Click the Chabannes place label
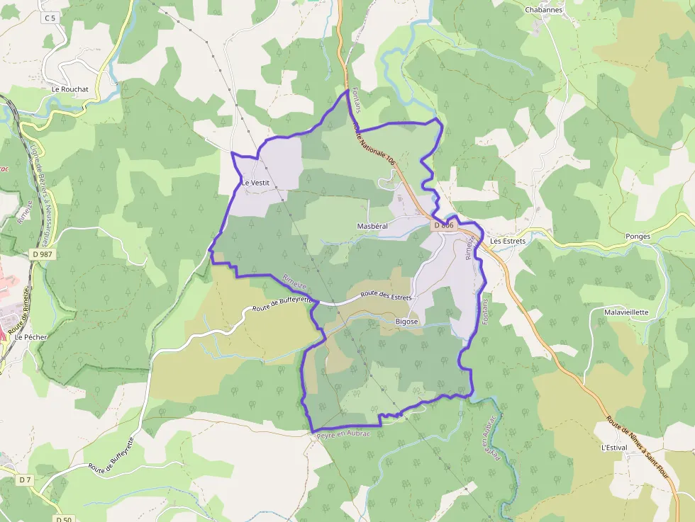coord(543,10)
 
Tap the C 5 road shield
coord(49,18)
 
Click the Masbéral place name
coord(372,225)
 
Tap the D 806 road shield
coord(443,225)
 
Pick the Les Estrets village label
coord(508,241)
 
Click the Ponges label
coord(638,237)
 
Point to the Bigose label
coord(407,322)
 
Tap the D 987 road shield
coord(43,254)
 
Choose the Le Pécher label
coord(30,337)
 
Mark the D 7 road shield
coord(25,480)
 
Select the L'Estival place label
coord(615,448)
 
